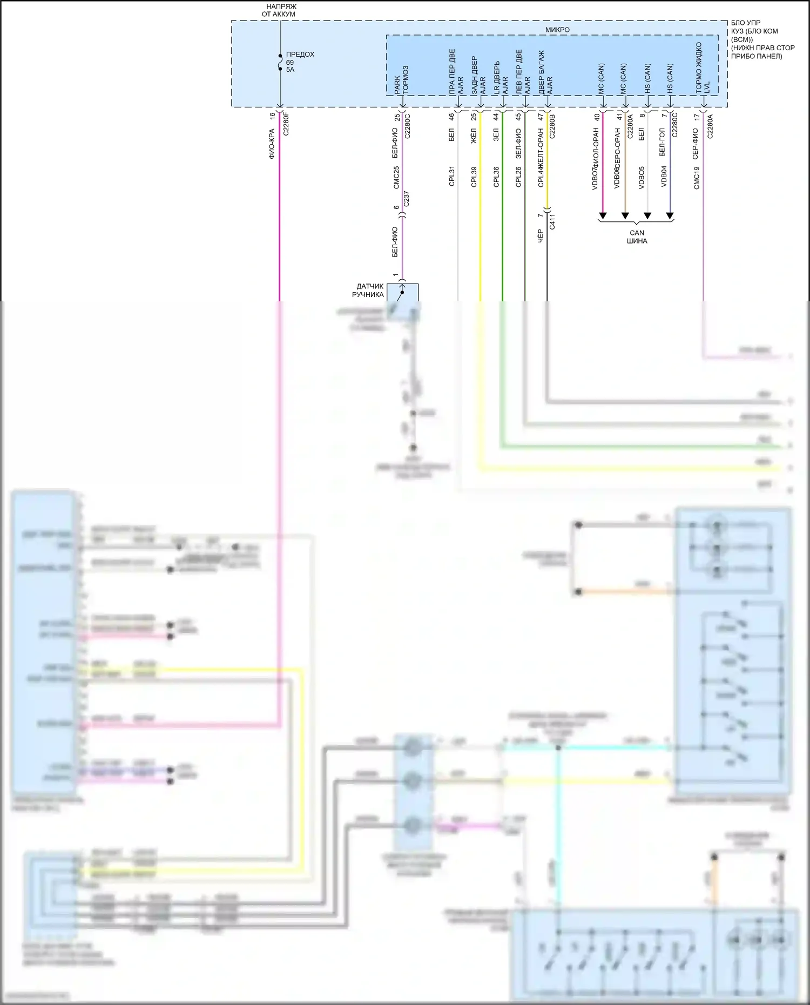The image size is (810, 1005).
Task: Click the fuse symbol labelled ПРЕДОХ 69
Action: pos(280,63)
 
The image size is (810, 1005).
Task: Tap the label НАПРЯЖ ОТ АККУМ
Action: pos(280,10)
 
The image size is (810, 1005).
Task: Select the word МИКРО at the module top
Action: pos(557,30)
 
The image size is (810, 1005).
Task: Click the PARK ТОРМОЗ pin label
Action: pos(401,80)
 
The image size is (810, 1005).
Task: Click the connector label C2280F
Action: pos(286,123)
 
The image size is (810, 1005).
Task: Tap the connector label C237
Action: pos(407,199)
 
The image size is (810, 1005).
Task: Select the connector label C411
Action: pos(552,221)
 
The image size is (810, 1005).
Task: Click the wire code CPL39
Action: pos(474,177)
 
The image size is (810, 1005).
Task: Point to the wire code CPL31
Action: pos(452,176)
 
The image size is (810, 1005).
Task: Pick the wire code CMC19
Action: pos(697,178)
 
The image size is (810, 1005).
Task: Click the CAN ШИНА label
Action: pos(637,237)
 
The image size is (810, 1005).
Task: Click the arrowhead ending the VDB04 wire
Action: pos(670,216)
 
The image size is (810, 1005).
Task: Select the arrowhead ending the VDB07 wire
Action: pos(603,216)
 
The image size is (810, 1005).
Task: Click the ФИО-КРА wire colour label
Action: pos(272,144)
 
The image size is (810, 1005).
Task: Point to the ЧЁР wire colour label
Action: pos(540,236)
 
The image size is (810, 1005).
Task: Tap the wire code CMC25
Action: pos(396,177)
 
